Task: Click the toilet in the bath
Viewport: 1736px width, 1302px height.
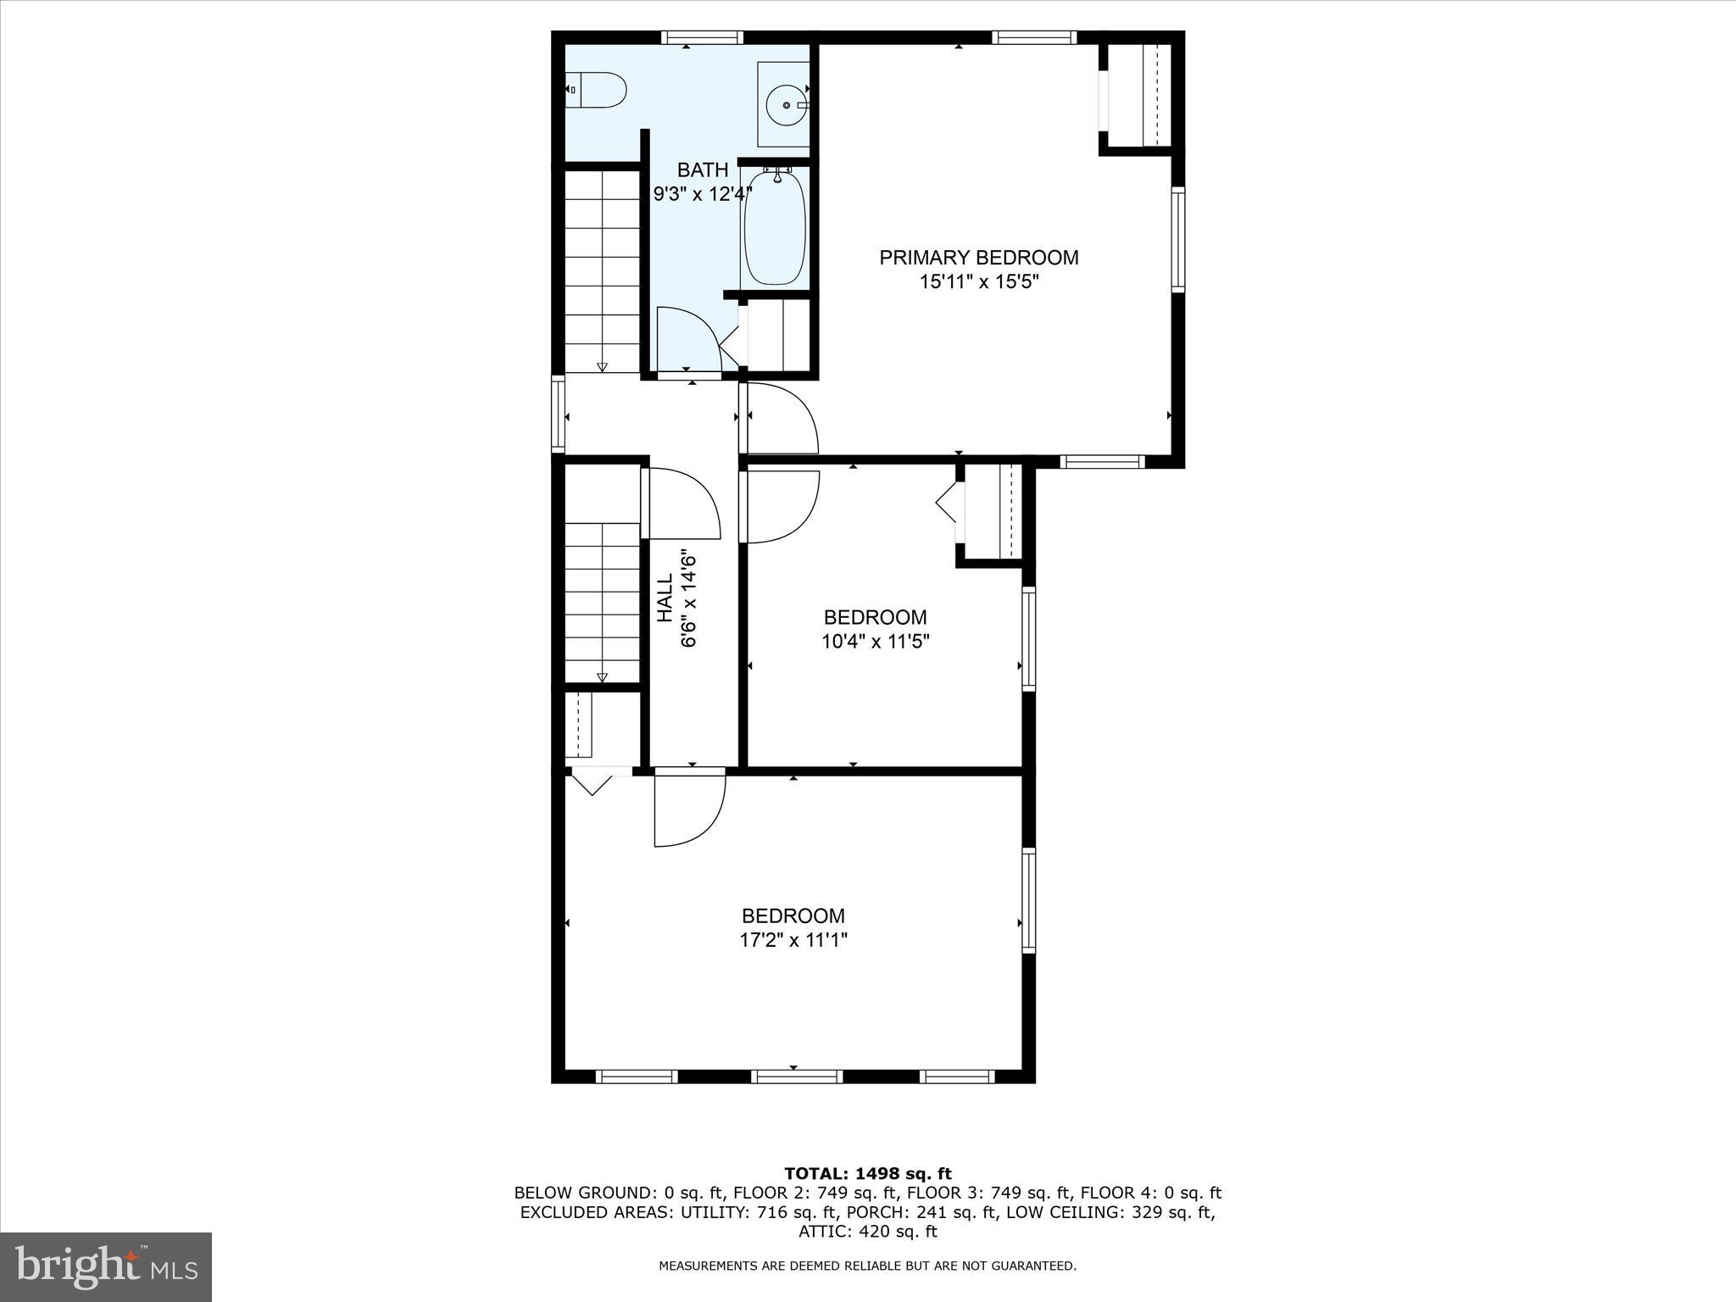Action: pyautogui.click(x=597, y=89)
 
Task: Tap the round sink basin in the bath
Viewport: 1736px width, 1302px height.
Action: pyautogui.click(x=786, y=104)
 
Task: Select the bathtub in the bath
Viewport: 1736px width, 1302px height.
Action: pyautogui.click(x=774, y=227)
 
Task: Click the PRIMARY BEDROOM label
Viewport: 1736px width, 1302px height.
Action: pyautogui.click(x=978, y=258)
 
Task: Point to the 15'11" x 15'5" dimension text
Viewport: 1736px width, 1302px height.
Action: pyautogui.click(x=978, y=282)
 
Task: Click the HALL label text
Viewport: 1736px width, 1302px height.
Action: pyautogui.click(x=665, y=598)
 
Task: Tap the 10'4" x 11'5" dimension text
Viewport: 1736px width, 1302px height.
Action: pyautogui.click(x=875, y=642)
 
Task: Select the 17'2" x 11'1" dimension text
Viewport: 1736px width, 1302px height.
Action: pyautogui.click(x=793, y=940)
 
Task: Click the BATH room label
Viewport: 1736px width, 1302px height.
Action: pyautogui.click(x=702, y=170)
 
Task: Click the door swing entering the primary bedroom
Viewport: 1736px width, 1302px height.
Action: pyautogui.click(x=780, y=418)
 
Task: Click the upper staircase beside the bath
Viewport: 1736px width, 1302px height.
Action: pyautogui.click(x=602, y=271)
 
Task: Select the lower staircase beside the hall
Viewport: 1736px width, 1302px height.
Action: pyautogui.click(x=602, y=602)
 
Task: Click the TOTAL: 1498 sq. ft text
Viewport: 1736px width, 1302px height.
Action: pyautogui.click(x=867, y=1173)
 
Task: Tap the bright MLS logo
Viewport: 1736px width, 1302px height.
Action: pyautogui.click(x=106, y=1266)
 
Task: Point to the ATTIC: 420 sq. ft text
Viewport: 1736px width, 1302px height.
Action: pyautogui.click(x=867, y=1232)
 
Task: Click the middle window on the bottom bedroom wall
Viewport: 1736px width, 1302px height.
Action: pyautogui.click(x=796, y=1077)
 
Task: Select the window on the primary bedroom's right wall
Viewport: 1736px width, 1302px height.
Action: pyautogui.click(x=1177, y=239)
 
